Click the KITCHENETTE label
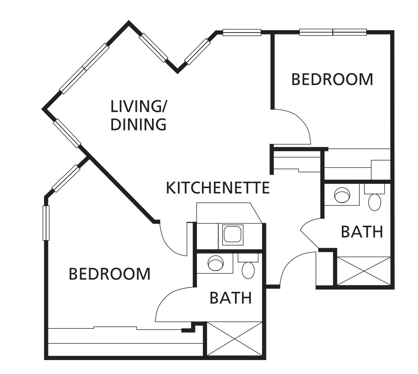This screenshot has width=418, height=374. coord(218,188)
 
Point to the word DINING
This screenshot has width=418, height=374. coord(138,125)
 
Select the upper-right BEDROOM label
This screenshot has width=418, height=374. coord(332,79)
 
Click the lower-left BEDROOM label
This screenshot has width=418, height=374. coord(109,274)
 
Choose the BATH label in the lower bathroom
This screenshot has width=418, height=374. coord(231,298)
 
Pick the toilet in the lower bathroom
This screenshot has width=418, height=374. coord(248,270)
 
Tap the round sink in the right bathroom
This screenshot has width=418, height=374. coord(342,195)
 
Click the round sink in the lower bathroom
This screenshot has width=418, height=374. coord(216,263)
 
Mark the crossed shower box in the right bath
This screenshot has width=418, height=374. coord(364,271)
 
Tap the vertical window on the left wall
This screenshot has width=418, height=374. coord(46,223)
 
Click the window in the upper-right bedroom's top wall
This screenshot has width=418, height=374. coord(333,32)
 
